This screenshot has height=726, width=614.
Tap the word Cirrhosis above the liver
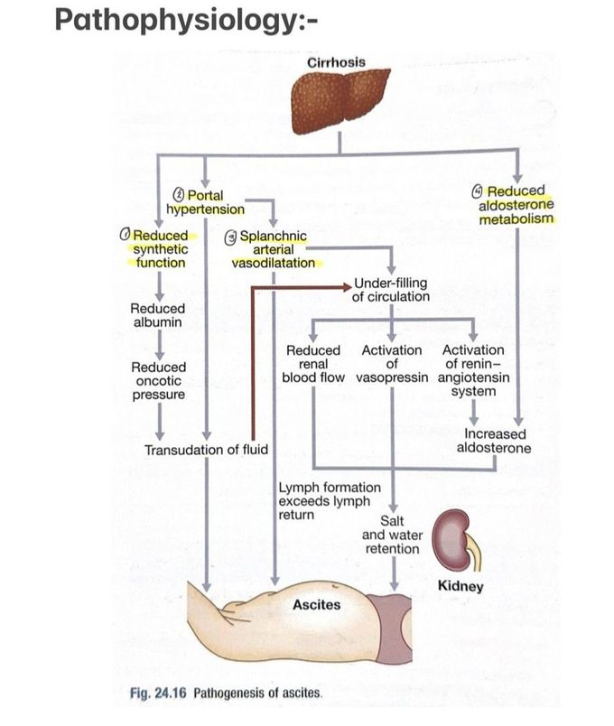tap(337, 61)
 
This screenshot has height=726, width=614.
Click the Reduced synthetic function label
tap(160, 249)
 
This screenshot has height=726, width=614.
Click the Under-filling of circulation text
tap(391, 290)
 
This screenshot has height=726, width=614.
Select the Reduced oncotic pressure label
tap(159, 381)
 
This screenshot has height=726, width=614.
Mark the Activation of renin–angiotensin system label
tap(473, 370)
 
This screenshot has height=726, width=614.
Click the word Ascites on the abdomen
tap(317, 604)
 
